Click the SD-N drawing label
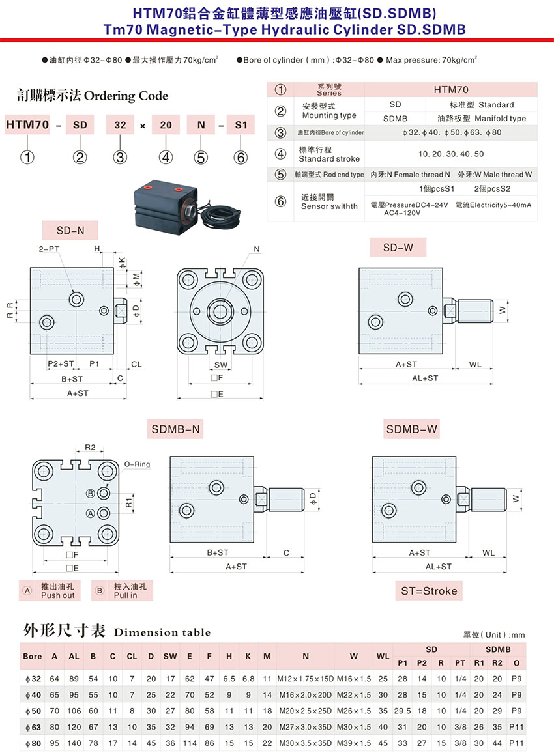(x=70, y=231)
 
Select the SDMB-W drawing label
(x=412, y=429)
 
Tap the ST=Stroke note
(x=429, y=591)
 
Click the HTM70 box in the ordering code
(x=27, y=125)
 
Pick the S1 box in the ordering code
(x=241, y=125)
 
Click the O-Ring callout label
(x=137, y=464)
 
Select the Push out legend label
(x=57, y=595)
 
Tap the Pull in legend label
(x=125, y=595)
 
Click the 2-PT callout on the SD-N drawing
(x=49, y=249)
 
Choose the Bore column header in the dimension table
(x=32, y=657)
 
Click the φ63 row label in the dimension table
(x=33, y=727)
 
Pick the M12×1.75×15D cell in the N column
(x=306, y=679)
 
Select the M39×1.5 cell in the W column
(x=354, y=743)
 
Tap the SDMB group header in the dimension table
(x=498, y=649)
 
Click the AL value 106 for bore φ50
(x=74, y=711)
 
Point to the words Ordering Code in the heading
(x=126, y=96)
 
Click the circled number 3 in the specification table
(x=280, y=132)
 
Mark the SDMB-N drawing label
(x=175, y=429)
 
